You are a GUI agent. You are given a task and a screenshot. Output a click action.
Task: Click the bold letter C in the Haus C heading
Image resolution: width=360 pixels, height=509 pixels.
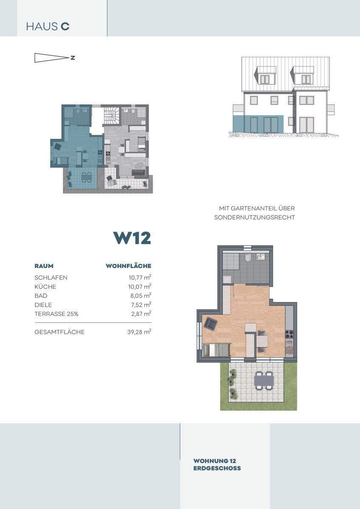click(65, 27)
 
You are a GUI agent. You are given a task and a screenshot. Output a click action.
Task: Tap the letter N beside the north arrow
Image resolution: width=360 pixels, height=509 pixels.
click(73, 58)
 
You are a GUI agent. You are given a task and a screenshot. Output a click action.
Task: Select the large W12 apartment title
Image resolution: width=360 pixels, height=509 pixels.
click(132, 238)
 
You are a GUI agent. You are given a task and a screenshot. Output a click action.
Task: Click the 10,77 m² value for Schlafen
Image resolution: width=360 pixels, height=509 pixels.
click(140, 277)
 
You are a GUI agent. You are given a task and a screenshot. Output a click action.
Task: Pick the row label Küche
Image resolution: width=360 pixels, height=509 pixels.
click(45, 287)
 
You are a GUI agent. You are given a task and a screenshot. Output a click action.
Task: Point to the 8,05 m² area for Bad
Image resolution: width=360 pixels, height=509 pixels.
click(141, 296)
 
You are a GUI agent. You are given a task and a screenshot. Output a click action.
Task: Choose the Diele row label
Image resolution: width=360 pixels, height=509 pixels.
click(43, 305)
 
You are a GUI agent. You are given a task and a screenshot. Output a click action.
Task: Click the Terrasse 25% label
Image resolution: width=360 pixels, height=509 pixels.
click(56, 314)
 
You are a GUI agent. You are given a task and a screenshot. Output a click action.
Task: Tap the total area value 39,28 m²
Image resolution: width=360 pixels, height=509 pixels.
click(139, 332)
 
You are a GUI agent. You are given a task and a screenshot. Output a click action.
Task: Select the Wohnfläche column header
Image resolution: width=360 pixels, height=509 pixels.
click(129, 266)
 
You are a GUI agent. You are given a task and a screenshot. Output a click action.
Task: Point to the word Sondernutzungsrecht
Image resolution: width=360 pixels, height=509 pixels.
click(254, 217)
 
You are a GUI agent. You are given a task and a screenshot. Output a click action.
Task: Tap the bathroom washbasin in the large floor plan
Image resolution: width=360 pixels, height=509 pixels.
click(261, 257)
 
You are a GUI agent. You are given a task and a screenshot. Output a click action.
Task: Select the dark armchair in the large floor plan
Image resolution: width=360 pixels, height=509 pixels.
click(211, 324)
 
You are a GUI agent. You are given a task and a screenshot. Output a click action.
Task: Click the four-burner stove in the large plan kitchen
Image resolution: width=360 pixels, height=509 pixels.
click(290, 334)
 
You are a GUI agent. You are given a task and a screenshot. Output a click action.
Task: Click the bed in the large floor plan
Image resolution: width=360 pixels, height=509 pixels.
click(216, 350)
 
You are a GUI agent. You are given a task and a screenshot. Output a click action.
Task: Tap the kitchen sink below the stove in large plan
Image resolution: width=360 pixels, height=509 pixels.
click(290, 345)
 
